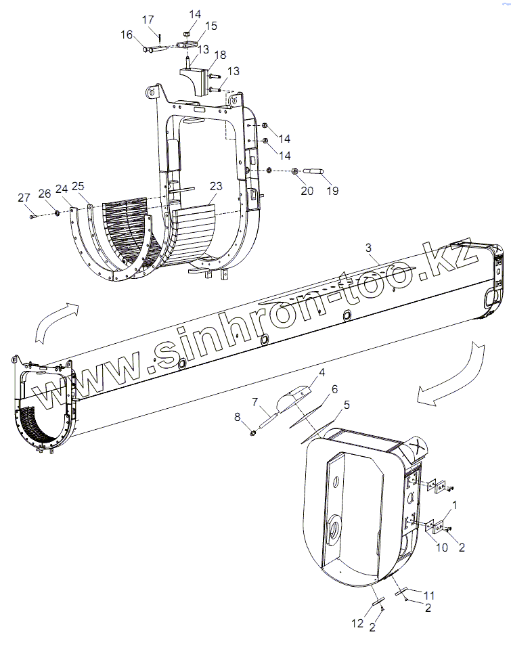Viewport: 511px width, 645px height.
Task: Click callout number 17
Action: click(x=148, y=21)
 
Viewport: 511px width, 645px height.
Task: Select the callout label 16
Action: click(x=126, y=35)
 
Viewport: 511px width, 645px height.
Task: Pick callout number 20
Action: click(x=307, y=191)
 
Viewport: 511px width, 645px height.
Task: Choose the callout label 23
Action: click(x=215, y=185)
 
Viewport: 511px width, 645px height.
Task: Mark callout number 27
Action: click(x=24, y=198)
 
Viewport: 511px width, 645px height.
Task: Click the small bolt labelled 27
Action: click(x=32, y=216)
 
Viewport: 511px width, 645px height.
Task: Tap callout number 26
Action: click(x=45, y=194)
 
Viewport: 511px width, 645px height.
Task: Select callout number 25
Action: click(x=78, y=186)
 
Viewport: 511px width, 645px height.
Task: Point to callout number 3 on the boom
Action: click(x=368, y=248)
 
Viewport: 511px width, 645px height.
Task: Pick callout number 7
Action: click(x=256, y=402)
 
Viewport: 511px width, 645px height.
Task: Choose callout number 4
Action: click(x=322, y=372)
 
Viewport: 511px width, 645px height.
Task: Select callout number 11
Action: click(x=429, y=595)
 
